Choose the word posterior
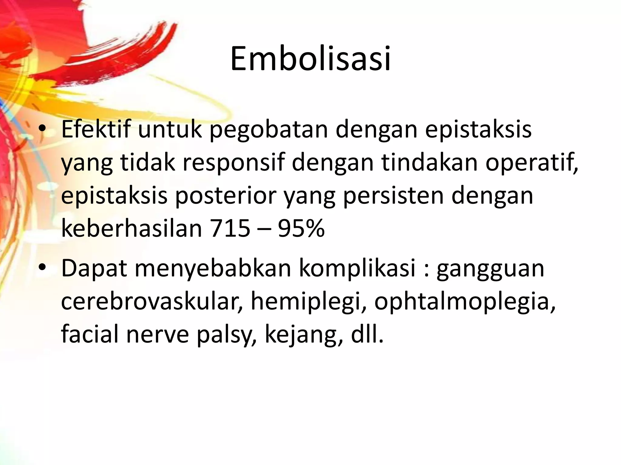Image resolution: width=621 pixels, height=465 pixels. point(226,196)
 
